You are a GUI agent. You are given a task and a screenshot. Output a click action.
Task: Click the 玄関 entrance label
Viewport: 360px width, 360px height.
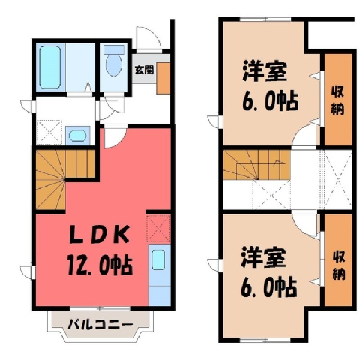point(144,70)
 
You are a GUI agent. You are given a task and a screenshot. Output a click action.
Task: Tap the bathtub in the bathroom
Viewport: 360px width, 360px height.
point(50,67)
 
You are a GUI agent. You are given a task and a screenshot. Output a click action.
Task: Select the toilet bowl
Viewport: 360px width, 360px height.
point(114,61)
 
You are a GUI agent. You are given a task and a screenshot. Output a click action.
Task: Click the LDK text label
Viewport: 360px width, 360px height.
point(99,235)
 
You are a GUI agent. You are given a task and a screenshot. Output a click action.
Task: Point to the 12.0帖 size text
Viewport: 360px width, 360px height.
point(99,265)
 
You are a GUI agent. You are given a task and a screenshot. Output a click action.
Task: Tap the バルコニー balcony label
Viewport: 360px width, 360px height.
point(100,324)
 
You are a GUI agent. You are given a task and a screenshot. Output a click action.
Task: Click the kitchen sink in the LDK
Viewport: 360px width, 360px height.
point(158,260)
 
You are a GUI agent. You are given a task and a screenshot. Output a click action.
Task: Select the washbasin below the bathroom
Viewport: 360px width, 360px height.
point(77,136)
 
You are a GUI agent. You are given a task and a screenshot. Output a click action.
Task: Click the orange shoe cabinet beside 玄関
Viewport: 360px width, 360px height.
point(163,78)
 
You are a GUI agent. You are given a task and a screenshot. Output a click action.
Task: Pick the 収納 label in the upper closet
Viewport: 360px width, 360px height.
point(337,100)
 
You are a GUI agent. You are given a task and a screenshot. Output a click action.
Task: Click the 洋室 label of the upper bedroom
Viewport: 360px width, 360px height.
point(265,70)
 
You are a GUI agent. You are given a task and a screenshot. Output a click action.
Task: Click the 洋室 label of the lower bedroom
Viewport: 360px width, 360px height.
point(263,256)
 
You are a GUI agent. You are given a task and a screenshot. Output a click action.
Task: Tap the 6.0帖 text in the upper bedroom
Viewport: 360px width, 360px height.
point(270,101)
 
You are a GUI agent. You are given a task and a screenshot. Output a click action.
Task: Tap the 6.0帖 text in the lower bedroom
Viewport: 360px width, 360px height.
point(269,287)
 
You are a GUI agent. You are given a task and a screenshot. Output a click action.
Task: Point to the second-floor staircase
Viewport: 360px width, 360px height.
point(256,165)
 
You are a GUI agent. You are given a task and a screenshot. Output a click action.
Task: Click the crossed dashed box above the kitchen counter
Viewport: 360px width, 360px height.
point(158,229)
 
